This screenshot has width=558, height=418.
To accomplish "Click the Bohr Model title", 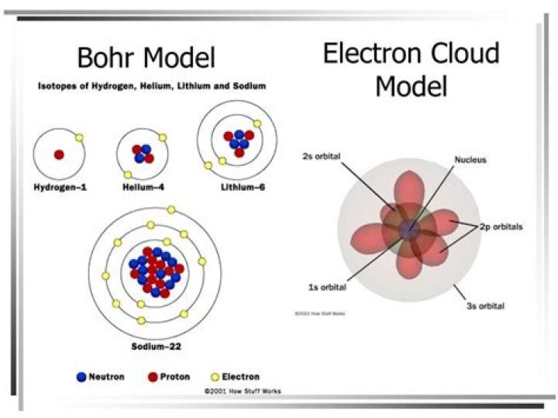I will tap(146, 57).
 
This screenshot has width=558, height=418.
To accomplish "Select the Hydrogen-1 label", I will tap(59, 187).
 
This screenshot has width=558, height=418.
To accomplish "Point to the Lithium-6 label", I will tap(238, 187).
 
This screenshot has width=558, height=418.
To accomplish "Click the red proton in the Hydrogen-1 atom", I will tap(59, 155).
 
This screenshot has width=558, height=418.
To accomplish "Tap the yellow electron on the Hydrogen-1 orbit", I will tap(80, 138).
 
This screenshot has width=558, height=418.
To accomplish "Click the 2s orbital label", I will tap(320, 156).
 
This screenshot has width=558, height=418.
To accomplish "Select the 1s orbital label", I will tap(327, 287).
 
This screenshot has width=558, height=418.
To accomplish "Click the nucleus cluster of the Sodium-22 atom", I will tap(156, 272).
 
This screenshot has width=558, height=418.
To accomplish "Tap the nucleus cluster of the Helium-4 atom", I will tap(143, 154).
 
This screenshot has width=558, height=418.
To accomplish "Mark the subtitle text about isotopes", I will tap(152, 86).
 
